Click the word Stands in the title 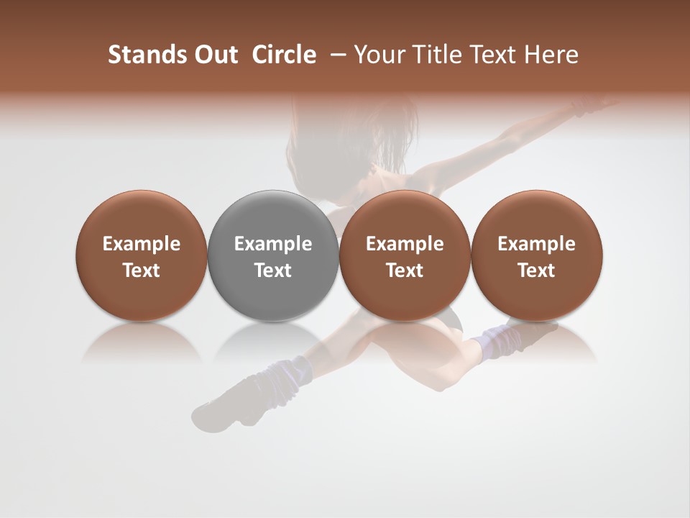[141, 55]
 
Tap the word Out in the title [214, 55]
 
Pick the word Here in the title [551, 55]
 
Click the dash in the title [336, 55]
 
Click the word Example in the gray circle [273, 244]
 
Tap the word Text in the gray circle [273, 271]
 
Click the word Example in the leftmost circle [141, 244]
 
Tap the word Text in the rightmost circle [536, 271]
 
